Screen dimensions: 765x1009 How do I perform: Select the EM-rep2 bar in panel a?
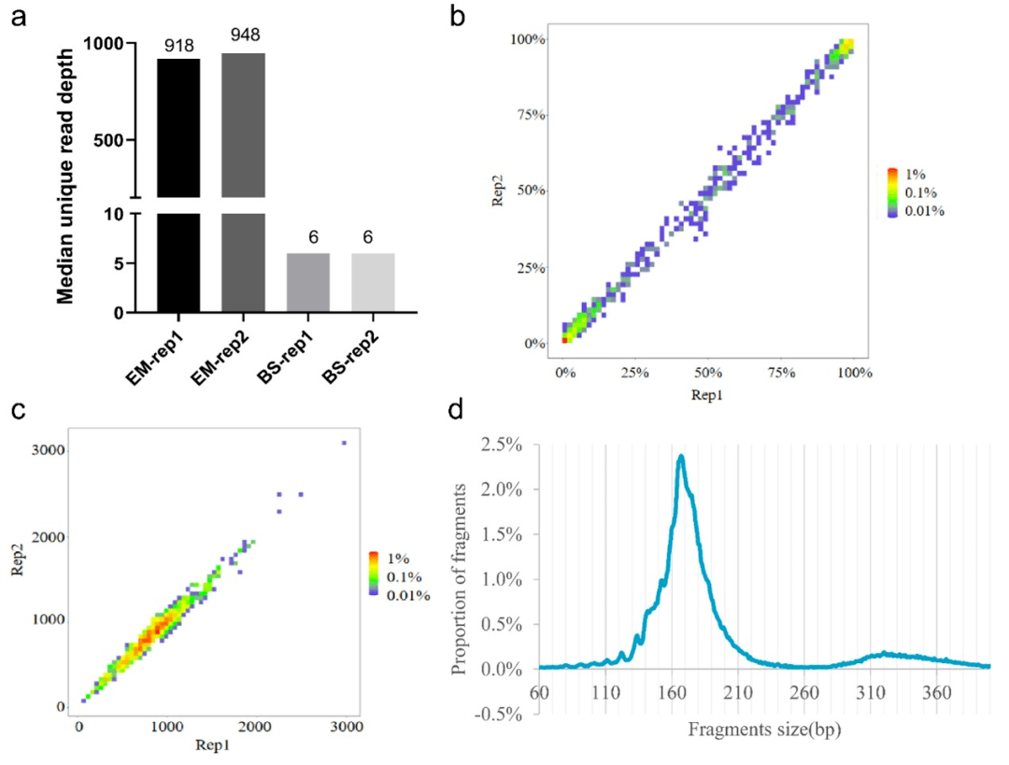click(x=243, y=177)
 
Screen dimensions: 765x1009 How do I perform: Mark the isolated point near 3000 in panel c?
click(x=344, y=443)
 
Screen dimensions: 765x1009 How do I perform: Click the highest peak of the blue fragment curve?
click(x=681, y=457)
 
